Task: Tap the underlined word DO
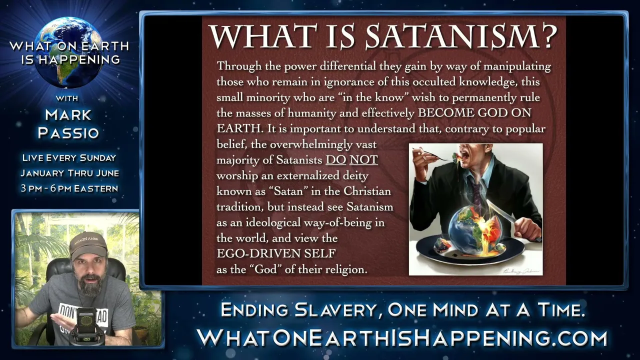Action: coord(336,159)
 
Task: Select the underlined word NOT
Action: coord(363,159)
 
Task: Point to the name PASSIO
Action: coord(68,133)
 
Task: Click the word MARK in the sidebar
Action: coord(68,115)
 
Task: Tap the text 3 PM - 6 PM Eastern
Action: coord(69,188)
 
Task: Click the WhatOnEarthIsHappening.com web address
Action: coord(402,338)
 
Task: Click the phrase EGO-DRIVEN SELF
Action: coord(276,253)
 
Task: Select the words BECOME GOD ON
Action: coord(474,113)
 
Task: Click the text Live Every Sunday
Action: coord(69,157)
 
